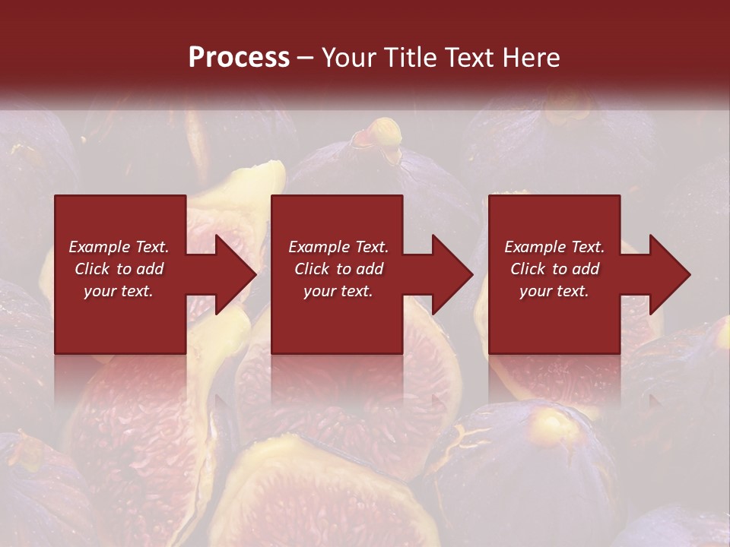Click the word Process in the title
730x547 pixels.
[x=239, y=58]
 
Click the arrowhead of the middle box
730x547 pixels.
[x=451, y=274]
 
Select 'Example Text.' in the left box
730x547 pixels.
[x=119, y=247]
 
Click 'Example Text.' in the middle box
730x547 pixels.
[x=338, y=247]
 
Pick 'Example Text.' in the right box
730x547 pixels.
[x=554, y=247]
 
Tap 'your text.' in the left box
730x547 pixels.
[x=119, y=291]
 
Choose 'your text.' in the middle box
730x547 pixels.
[x=338, y=291]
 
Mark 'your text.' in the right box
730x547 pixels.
[x=554, y=291]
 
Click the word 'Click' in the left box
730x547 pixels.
[x=93, y=269]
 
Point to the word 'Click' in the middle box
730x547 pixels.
[x=313, y=269]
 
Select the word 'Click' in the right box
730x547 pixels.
[x=528, y=269]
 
